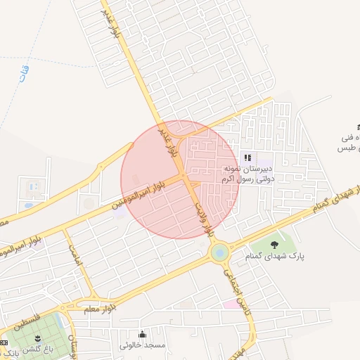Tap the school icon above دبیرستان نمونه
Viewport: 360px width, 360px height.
(247, 157)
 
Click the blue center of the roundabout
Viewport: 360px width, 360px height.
(219, 250)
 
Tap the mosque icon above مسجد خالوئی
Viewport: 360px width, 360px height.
(143, 334)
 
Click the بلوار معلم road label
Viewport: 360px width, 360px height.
(101, 308)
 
